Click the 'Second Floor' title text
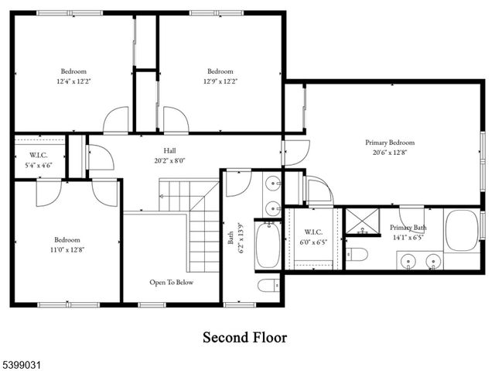click(244, 338)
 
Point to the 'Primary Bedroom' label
click(390, 143)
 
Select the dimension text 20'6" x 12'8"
click(390, 153)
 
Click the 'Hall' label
click(169, 150)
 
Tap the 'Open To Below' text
click(172, 282)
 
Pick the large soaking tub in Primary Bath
click(462, 230)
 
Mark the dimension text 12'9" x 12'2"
click(220, 81)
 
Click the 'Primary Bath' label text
click(408, 228)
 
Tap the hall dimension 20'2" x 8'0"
click(169, 161)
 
